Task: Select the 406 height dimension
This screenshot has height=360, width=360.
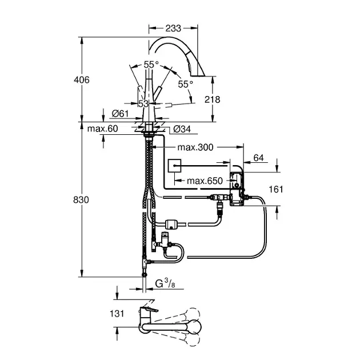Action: (82, 81)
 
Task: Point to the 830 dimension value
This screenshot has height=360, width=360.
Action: (82, 200)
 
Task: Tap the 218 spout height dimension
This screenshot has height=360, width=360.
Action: (212, 99)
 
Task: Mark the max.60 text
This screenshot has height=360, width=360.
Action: (103, 129)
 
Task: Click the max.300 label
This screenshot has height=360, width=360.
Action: (195, 147)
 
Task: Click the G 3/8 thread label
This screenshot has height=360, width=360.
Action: (167, 282)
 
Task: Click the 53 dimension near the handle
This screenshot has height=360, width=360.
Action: (143, 103)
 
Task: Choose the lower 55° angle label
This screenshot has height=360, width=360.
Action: (185, 84)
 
